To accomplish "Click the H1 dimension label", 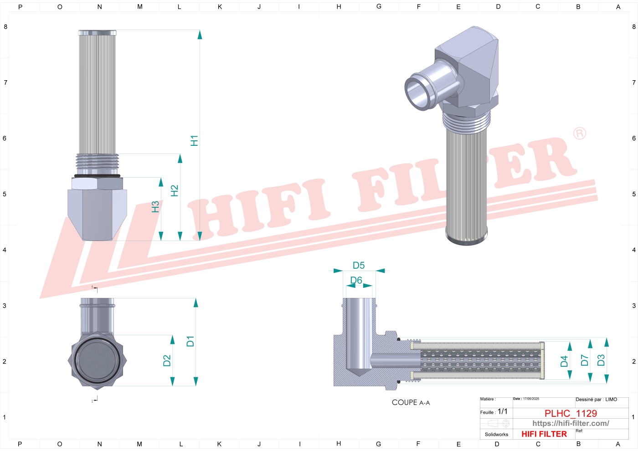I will [194, 141].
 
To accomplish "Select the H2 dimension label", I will [174, 191].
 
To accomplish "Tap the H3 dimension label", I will [155, 207].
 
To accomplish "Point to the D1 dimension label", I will [190, 341].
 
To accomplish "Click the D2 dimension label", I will [167, 361].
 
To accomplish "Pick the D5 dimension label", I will [359, 266].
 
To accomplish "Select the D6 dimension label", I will [356, 281].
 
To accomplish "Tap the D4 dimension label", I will [564, 361].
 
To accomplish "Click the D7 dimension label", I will [584, 361].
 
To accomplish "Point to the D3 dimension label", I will [601, 360].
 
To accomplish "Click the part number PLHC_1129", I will [571, 413].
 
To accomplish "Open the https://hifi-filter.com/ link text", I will [571, 424].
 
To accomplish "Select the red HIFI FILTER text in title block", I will [544, 434].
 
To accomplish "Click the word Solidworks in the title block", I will [496, 435].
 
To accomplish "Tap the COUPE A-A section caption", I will [411, 403].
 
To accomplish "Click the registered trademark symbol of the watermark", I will [579, 133].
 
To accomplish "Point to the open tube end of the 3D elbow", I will [418, 92].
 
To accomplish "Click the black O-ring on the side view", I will [97, 176].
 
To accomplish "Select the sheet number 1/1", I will [502, 411].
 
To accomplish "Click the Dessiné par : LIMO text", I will [596, 400].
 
